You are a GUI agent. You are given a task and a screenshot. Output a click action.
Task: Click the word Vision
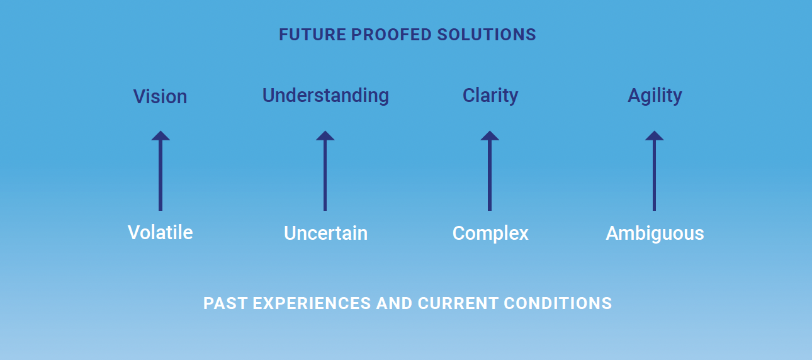click(160, 96)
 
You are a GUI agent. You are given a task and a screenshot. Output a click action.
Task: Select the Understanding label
click(325, 96)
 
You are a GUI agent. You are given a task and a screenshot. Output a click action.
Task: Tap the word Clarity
click(490, 96)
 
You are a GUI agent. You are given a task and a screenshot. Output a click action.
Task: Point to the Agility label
click(655, 96)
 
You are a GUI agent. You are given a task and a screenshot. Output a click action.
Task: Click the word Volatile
click(161, 232)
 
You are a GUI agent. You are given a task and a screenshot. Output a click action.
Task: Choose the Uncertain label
click(325, 233)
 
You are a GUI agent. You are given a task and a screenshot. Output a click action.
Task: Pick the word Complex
click(490, 233)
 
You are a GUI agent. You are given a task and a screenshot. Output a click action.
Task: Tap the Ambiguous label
click(655, 233)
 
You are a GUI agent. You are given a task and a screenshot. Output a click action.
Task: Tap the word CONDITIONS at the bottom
click(558, 303)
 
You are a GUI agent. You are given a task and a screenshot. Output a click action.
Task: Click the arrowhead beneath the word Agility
click(654, 135)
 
